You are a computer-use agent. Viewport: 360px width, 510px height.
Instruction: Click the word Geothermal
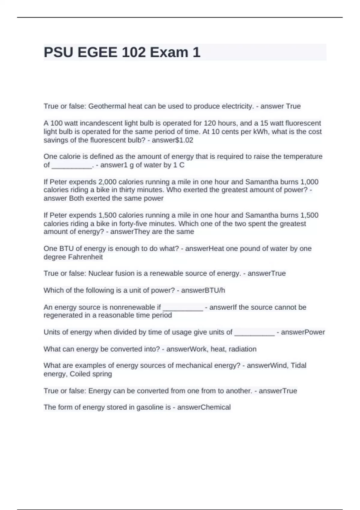pyautogui.click(x=107, y=106)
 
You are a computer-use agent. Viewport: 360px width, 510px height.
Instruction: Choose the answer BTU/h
pyautogui.click(x=214, y=290)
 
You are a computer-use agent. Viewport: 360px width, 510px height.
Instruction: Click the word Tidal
pyautogui.click(x=298, y=365)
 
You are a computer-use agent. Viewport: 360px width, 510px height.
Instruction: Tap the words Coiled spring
pyautogui.click(x=91, y=374)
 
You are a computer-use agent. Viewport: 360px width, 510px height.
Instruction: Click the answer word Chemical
pyautogui.click(x=215, y=407)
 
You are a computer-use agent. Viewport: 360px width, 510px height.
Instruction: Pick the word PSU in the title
pyautogui.click(x=58, y=52)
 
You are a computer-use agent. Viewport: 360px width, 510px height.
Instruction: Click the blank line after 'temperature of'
pyautogui.click(x=72, y=165)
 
